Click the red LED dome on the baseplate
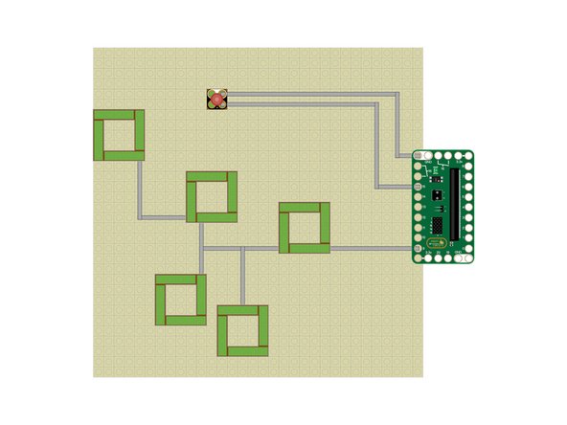217,99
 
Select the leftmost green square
119,135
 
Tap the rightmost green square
305,229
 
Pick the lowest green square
242,330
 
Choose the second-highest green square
212,196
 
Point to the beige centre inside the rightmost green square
305,229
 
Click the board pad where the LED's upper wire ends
419,155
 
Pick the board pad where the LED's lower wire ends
419,187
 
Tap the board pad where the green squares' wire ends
419,249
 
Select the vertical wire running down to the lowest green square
242,277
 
